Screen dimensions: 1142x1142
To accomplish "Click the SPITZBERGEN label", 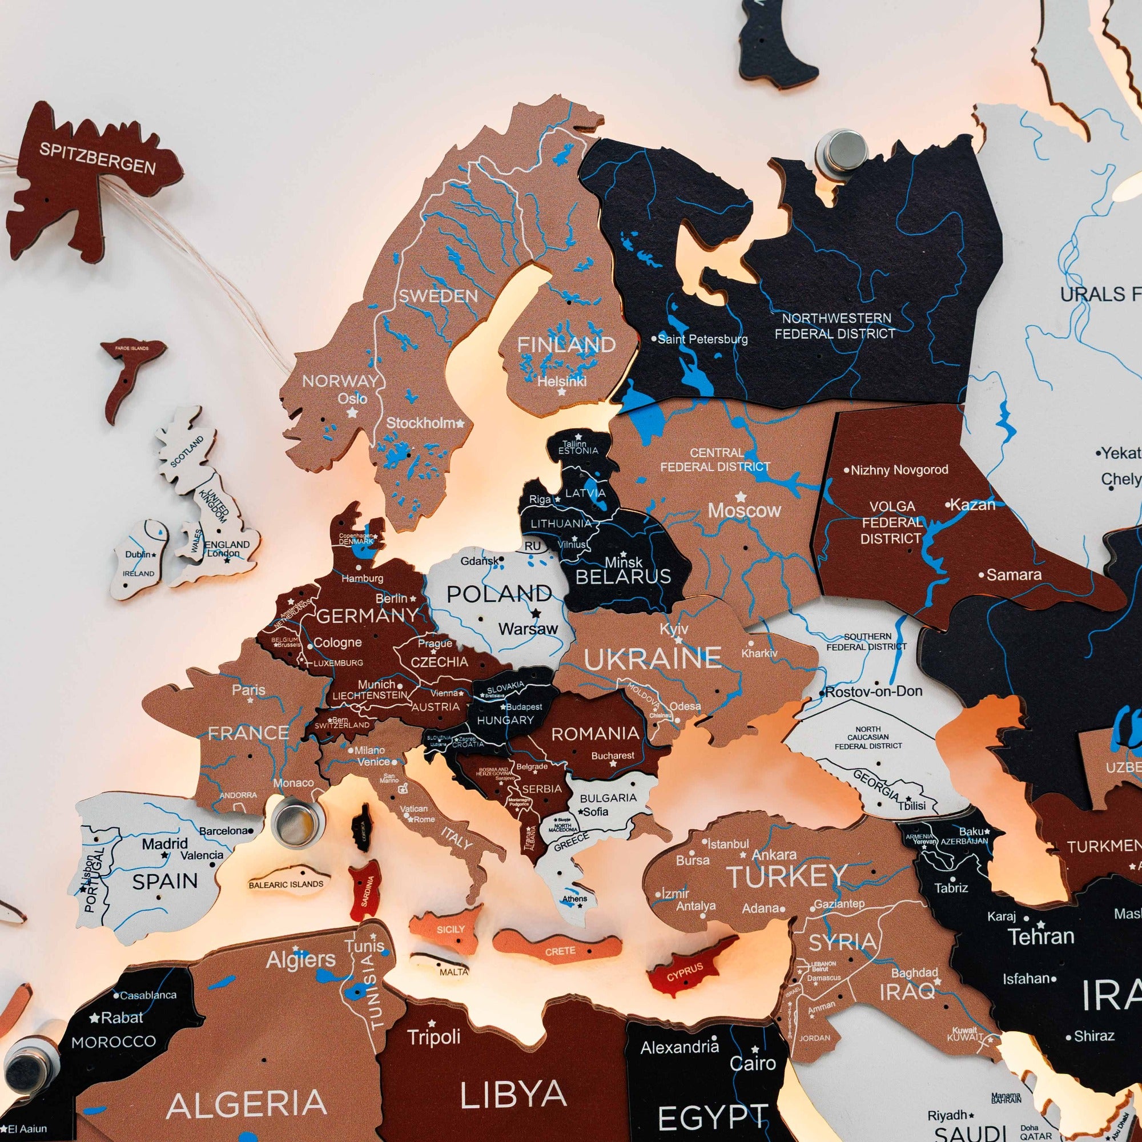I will click(97, 158).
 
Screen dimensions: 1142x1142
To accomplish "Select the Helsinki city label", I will click(561, 381).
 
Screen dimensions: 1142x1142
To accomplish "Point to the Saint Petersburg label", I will click(702, 339).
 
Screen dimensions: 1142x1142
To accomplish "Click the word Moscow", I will click(744, 510).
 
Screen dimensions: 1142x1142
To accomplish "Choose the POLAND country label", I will click(499, 594).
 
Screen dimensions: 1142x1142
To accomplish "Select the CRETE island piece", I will click(559, 951).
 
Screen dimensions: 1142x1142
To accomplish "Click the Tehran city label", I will click(1040, 936).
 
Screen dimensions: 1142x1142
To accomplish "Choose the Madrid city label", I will click(165, 843).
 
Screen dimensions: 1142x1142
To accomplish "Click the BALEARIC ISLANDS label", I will click(286, 885).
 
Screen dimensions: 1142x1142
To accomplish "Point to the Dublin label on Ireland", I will click(138, 554).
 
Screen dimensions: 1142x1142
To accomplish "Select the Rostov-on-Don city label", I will click(873, 691).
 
